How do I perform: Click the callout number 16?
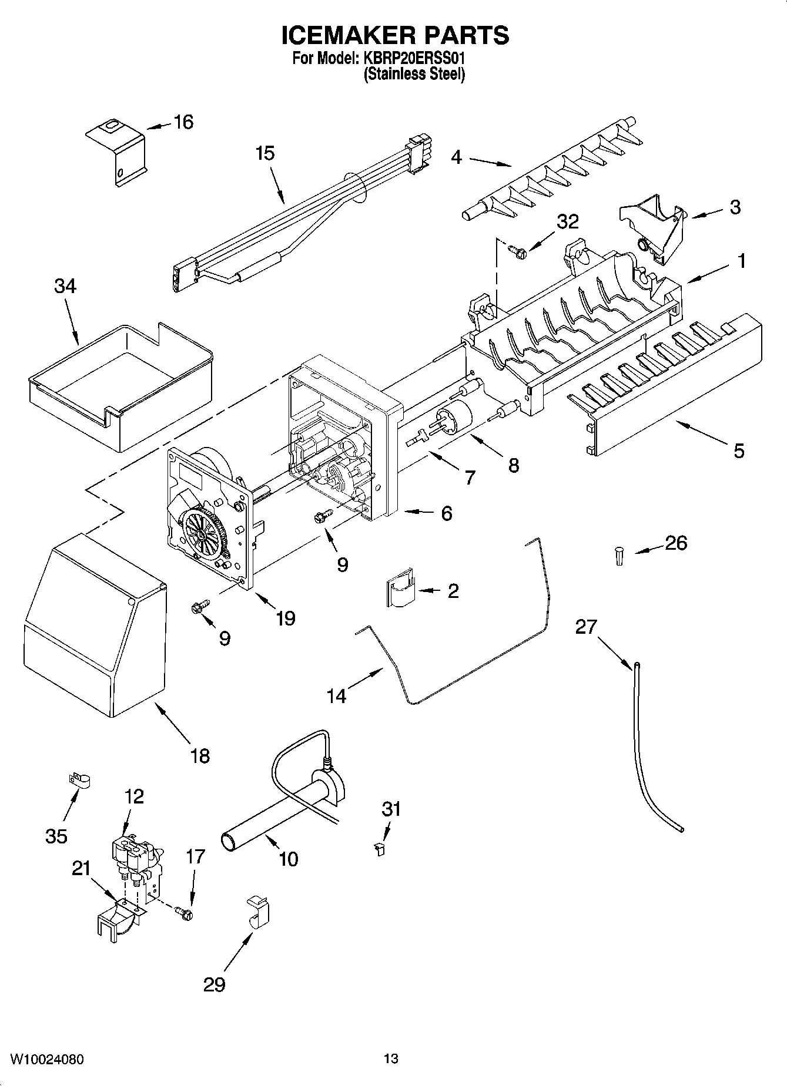click(x=183, y=122)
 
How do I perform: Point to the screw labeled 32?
click(x=517, y=252)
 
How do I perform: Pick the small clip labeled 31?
click(x=380, y=848)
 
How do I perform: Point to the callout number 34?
click(x=65, y=286)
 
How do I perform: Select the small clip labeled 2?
click(x=400, y=592)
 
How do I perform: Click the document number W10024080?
click(x=47, y=1060)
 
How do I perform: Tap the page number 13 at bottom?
click(x=391, y=1059)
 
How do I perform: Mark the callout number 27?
click(x=586, y=627)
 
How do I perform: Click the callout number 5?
click(x=738, y=450)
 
